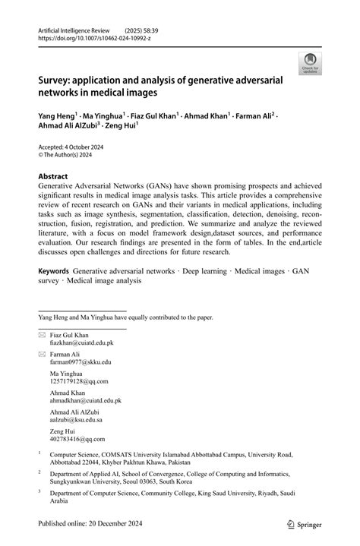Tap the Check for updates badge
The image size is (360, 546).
pos(310,64)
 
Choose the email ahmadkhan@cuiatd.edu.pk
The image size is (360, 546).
pos(86,400)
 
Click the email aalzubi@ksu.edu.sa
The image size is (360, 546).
pos(77,419)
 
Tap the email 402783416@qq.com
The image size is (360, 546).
pos(76,438)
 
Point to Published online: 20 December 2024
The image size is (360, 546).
pos(87,524)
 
